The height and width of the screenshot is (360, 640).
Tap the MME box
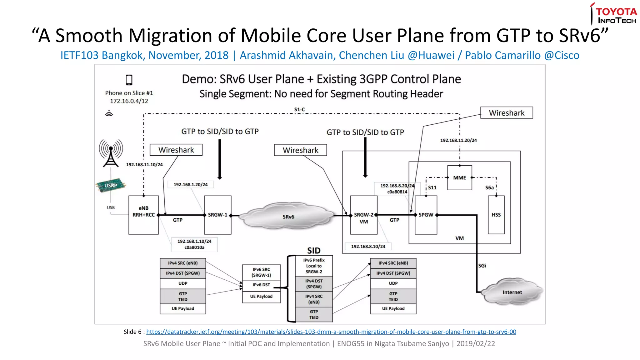point(459,177)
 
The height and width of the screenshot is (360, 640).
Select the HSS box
point(496,215)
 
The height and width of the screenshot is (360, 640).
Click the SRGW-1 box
point(217,215)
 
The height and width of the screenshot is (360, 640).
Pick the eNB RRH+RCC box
point(143,215)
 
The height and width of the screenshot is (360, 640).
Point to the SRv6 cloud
point(288,217)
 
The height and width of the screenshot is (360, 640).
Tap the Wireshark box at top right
point(506,113)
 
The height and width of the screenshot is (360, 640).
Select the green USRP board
point(111,185)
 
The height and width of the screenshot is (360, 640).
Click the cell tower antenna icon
point(111,153)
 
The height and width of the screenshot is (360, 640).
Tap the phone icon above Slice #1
point(129,80)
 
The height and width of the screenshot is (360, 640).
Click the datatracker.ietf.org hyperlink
point(331,332)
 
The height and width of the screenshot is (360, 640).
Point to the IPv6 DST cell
point(261,285)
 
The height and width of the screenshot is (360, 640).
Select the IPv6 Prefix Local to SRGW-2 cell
point(314,266)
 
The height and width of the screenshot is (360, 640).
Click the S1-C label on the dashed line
point(299,109)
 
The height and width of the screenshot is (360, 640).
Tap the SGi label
point(482,266)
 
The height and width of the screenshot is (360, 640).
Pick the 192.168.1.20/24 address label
point(191,185)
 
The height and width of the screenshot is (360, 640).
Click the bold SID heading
point(314,251)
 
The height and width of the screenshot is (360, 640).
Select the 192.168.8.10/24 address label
point(368,246)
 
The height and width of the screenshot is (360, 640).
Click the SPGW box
point(426,215)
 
